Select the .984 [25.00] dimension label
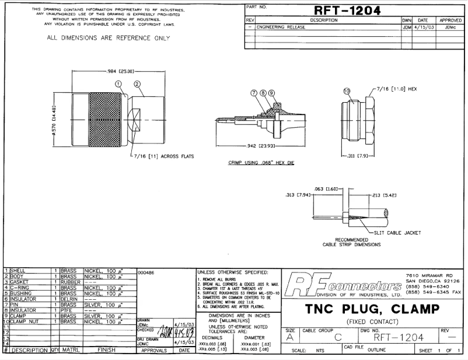tap(120, 71)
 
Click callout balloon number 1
tap(119, 84)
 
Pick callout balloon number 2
tap(138, 84)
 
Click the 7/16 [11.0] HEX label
tap(400, 89)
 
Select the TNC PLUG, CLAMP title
tap(372, 309)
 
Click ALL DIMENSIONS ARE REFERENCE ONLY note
tap(108, 39)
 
